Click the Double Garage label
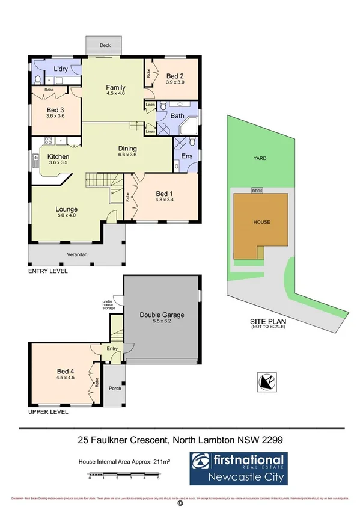[x=162, y=315]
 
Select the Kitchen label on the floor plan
[x=59, y=156]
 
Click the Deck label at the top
[x=105, y=45]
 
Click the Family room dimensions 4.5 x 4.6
[x=115, y=94]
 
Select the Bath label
[x=177, y=115]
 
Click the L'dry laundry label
[x=61, y=70]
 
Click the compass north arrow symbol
[x=265, y=381]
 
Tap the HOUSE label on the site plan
[x=261, y=222]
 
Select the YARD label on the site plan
[x=259, y=158]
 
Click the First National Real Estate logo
[x=239, y=469]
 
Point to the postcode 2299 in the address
[x=270, y=440]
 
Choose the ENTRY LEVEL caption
[x=48, y=271]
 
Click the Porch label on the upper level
[x=114, y=388]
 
